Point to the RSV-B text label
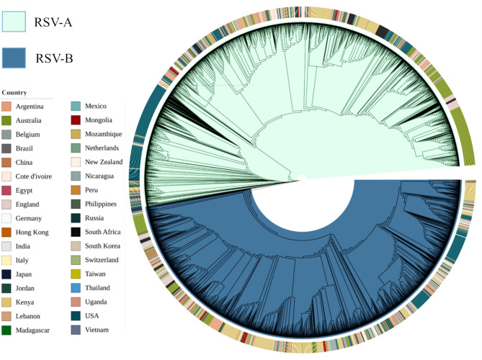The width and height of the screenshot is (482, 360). point(53,58)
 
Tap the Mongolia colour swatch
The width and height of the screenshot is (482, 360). point(76,120)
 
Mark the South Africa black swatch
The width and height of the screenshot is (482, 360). point(76,232)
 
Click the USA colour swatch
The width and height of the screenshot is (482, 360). point(76,315)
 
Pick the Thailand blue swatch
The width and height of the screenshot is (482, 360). point(76,288)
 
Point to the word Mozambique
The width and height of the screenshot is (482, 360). point(103,135)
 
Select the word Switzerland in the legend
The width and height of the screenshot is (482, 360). point(103,260)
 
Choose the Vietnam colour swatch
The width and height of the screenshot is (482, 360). point(76,330)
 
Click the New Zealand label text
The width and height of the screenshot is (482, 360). point(103,162)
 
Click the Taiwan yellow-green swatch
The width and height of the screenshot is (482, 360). point(76,274)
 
